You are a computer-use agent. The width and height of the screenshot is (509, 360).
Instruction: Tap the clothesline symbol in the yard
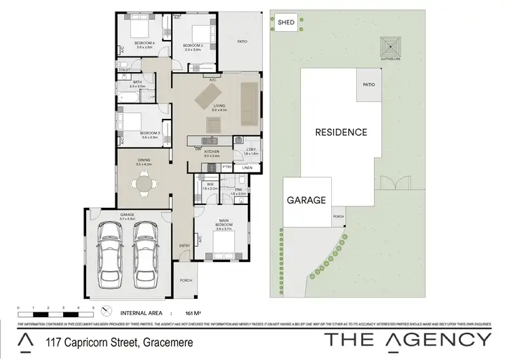tap(390, 47)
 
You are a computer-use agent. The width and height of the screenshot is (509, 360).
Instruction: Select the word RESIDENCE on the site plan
tap(341, 132)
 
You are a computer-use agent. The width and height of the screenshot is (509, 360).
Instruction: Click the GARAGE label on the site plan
tap(307, 200)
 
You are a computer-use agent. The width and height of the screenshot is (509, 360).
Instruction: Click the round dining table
tap(144, 183)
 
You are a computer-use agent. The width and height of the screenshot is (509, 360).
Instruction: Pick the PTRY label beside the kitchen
tap(227, 167)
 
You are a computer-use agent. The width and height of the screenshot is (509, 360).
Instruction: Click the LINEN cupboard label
tap(247, 167)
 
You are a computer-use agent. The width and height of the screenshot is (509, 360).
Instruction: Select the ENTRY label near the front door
tap(184, 245)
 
